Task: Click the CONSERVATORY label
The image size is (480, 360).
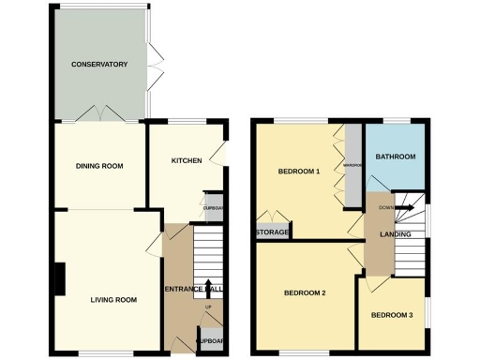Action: pyautogui.click(x=99, y=64)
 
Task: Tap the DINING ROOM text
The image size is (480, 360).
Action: pyautogui.click(x=99, y=166)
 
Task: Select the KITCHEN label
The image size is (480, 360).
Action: pyautogui.click(x=186, y=160)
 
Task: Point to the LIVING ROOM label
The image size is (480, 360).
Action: pyautogui.click(x=113, y=300)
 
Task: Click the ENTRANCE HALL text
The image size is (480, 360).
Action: pyautogui.click(x=193, y=289)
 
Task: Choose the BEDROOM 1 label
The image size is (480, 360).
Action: pyautogui.click(x=299, y=172)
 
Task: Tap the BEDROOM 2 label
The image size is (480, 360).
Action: pyautogui.click(x=305, y=293)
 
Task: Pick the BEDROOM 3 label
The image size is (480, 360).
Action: pyautogui.click(x=391, y=314)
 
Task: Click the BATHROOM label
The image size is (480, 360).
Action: pyautogui.click(x=395, y=157)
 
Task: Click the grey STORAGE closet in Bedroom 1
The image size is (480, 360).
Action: pyautogui.click(x=271, y=231)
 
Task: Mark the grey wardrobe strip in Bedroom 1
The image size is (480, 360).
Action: pyautogui.click(x=352, y=167)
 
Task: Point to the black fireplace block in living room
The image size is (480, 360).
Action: pyautogui.click(x=58, y=279)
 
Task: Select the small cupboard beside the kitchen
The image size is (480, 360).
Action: pyautogui.click(x=214, y=210)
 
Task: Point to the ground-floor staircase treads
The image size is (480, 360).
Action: pyautogui.click(x=208, y=258)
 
